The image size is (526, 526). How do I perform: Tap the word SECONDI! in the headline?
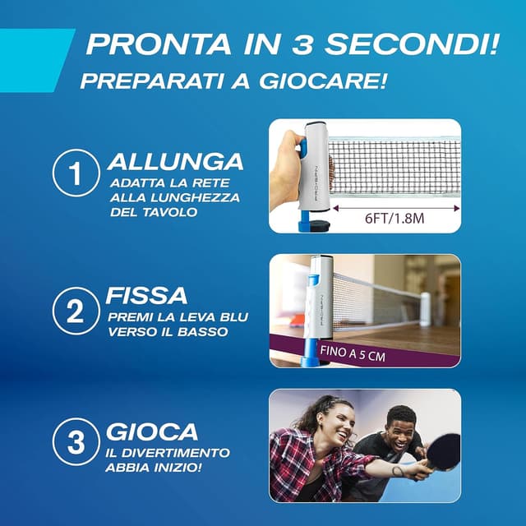(415, 44)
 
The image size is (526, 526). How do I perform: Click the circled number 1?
(76, 174)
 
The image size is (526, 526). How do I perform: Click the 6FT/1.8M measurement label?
(392, 218)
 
